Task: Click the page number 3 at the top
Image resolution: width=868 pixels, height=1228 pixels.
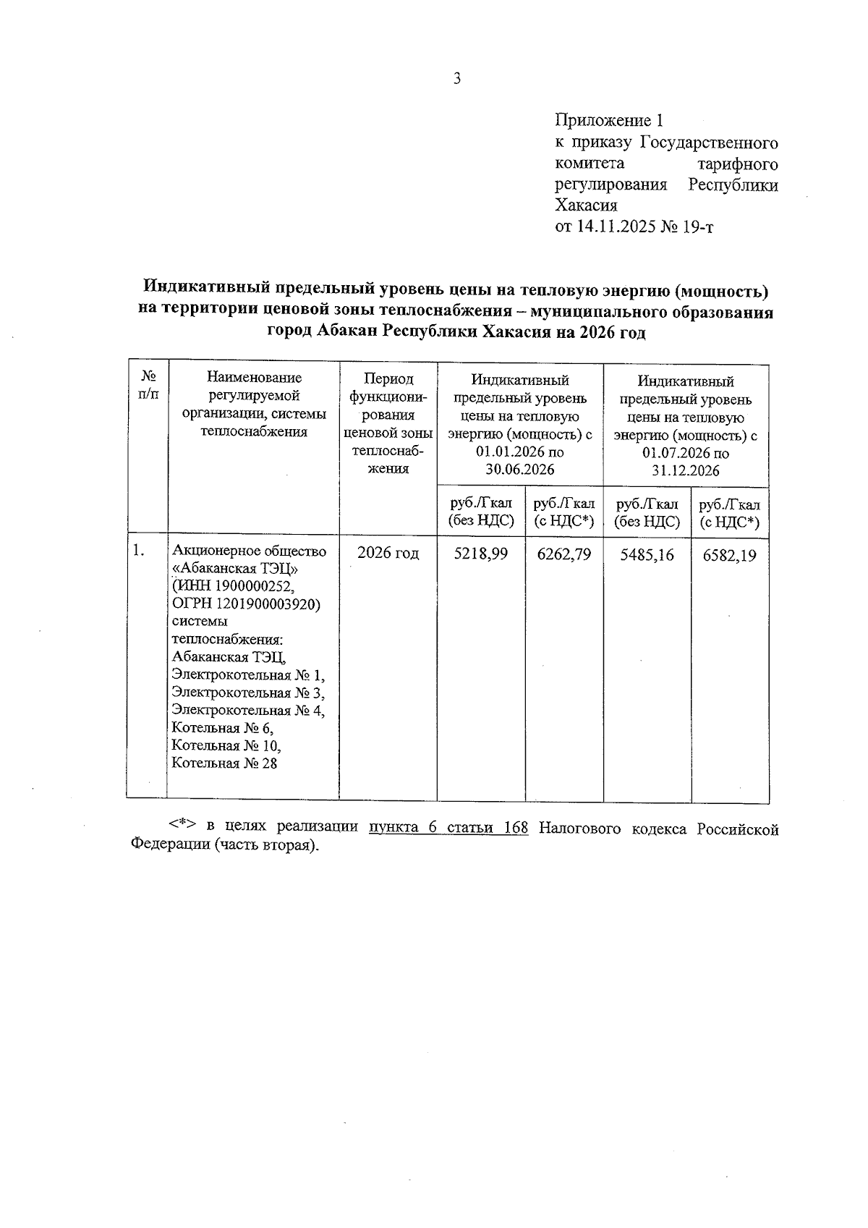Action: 456,79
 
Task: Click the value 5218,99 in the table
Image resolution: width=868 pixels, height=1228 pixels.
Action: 480,554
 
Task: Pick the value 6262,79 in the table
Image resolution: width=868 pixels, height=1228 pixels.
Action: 564,554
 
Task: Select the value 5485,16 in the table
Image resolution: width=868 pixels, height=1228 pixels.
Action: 647,554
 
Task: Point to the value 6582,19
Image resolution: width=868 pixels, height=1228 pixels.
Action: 730,555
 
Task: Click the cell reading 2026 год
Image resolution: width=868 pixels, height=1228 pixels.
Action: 388,553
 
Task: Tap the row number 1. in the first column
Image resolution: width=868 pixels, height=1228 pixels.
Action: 139,551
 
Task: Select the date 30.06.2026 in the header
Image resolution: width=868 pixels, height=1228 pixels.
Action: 519,470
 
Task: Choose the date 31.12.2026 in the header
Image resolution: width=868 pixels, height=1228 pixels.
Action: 684,471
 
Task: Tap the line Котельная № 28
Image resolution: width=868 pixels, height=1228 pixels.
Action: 224,763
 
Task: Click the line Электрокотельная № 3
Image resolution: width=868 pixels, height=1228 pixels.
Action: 247,693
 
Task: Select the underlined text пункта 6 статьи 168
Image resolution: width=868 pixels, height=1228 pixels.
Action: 448,828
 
